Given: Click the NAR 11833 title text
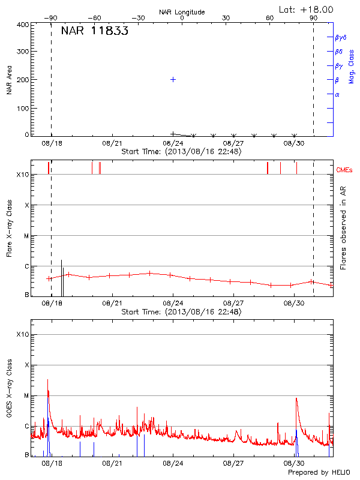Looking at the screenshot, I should (94, 32).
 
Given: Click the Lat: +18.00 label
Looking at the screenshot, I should (307, 9).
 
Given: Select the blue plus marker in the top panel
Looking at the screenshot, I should (173, 79).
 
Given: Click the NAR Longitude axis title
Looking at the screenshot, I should (182, 12).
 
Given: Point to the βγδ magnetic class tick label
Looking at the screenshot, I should (340, 37).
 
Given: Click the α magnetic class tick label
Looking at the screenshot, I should (337, 94).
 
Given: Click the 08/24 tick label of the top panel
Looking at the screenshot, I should (173, 144).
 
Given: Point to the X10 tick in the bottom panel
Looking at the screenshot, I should (22, 334).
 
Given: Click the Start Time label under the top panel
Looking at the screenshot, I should (181, 152).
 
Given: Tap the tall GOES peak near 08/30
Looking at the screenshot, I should (296, 398).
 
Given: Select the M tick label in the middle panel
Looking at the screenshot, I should (26, 236).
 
